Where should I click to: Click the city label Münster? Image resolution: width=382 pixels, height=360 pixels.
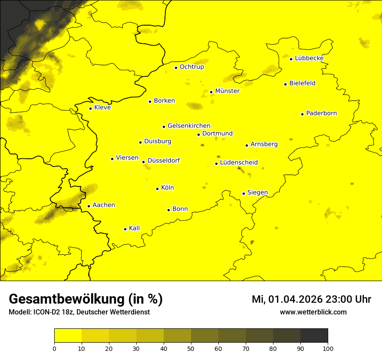[227, 91]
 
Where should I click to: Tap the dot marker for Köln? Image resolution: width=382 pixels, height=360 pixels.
[157, 189]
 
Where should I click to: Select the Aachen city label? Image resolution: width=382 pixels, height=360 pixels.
[104, 205]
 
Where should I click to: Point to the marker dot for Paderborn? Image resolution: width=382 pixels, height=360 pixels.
[302, 114]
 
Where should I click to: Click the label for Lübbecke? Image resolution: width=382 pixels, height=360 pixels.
[309, 58]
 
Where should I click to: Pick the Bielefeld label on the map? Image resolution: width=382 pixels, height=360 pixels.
[302, 83]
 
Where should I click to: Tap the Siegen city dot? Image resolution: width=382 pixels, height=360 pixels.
[244, 193]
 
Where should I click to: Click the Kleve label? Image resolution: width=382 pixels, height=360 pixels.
[102, 108]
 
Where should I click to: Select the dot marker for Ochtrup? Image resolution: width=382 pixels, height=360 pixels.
[176, 68]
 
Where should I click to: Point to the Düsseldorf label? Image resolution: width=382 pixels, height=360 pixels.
[164, 161]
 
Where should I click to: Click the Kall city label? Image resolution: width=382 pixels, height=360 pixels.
[134, 228]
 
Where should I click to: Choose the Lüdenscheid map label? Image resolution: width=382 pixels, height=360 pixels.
[239, 163]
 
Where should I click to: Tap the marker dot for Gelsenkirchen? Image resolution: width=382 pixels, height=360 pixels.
[164, 127]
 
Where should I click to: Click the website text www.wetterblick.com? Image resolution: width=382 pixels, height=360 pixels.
[313, 312]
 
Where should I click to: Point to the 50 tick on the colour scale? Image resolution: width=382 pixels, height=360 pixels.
[191, 348]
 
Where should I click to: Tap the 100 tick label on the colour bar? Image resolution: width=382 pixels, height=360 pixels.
[328, 348]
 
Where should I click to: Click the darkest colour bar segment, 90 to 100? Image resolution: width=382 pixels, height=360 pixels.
[314, 335]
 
